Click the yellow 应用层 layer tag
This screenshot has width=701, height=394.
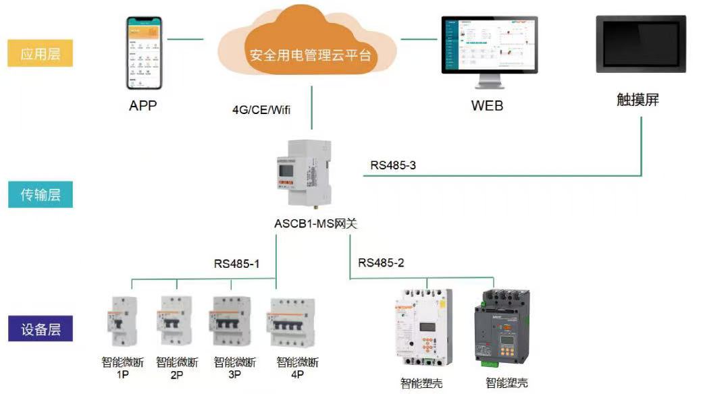coord(40,53)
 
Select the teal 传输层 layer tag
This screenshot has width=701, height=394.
coord(40,194)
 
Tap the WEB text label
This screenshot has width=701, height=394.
coord(487,106)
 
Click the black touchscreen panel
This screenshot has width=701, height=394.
coord(641,45)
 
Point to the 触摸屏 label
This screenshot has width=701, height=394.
coord(638,101)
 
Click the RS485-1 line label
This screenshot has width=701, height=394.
coord(237,264)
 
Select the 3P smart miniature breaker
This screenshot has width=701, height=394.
coord(232,322)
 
